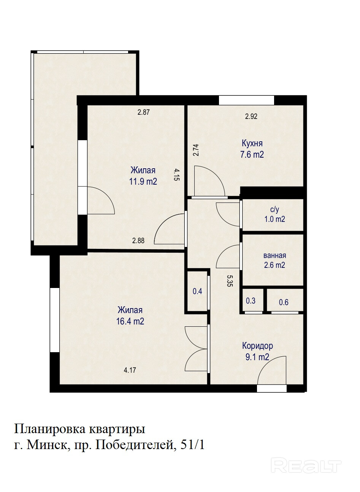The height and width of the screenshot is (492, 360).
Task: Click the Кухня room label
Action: click(x=252, y=143)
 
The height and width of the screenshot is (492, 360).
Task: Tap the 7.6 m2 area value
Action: click(x=252, y=154)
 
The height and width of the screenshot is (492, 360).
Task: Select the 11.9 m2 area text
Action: click(x=143, y=182)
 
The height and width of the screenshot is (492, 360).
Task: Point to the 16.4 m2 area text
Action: click(x=130, y=321)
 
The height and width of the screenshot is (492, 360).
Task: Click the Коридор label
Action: click(x=258, y=346)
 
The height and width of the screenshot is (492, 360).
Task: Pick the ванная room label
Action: click(x=275, y=255)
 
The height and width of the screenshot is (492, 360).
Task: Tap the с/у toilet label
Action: click(x=275, y=210)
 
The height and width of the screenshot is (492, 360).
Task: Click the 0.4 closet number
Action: click(x=197, y=291)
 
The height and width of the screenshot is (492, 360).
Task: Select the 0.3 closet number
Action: click(x=251, y=301)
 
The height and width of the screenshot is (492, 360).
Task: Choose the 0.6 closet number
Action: click(x=284, y=302)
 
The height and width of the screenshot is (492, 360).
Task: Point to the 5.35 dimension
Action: click(x=230, y=281)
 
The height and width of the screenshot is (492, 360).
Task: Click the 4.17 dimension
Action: click(x=130, y=370)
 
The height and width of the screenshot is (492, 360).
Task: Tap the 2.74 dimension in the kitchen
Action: click(x=196, y=150)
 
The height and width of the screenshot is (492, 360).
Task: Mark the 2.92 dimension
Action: click(x=251, y=116)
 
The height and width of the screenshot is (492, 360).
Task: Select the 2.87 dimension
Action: click(x=144, y=112)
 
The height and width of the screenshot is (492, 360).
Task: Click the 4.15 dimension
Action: click(x=177, y=174)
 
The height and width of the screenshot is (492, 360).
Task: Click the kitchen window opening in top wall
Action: click(x=246, y=100)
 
